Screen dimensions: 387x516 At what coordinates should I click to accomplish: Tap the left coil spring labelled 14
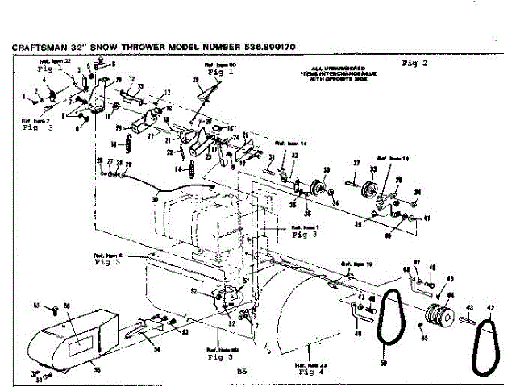click(x=125, y=145)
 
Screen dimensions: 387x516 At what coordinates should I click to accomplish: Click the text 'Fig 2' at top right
click(x=414, y=62)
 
